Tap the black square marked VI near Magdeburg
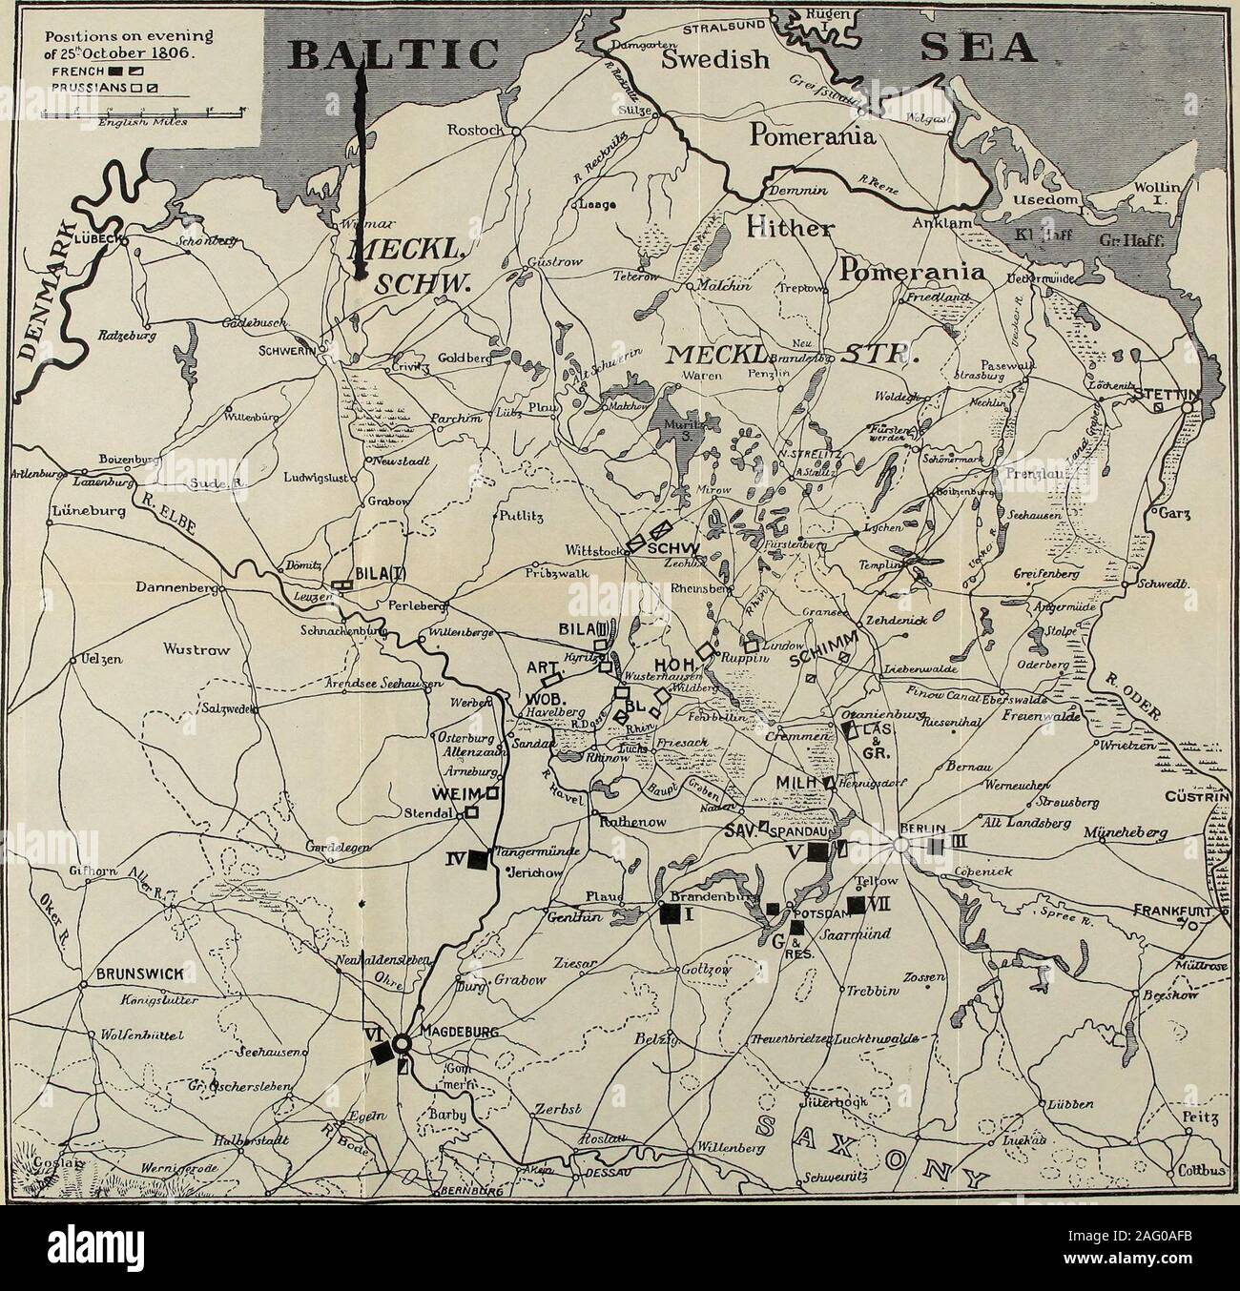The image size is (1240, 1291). [x=382, y=1053]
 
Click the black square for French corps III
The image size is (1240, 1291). [x=937, y=845]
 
